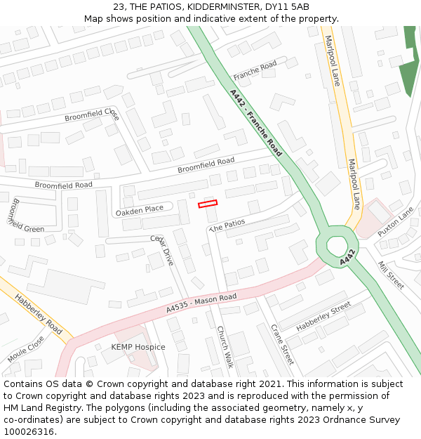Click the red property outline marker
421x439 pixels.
(x=208, y=204)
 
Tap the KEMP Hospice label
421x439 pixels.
(x=138, y=347)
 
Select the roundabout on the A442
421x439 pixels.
(x=338, y=246)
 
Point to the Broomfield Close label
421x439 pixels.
(x=92, y=114)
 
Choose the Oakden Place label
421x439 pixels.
(x=139, y=209)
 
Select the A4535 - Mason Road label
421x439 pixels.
(x=201, y=303)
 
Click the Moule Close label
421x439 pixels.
(x=26, y=349)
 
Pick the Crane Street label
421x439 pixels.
(x=282, y=343)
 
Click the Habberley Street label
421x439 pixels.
(x=323, y=317)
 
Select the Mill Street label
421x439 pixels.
(x=391, y=275)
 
